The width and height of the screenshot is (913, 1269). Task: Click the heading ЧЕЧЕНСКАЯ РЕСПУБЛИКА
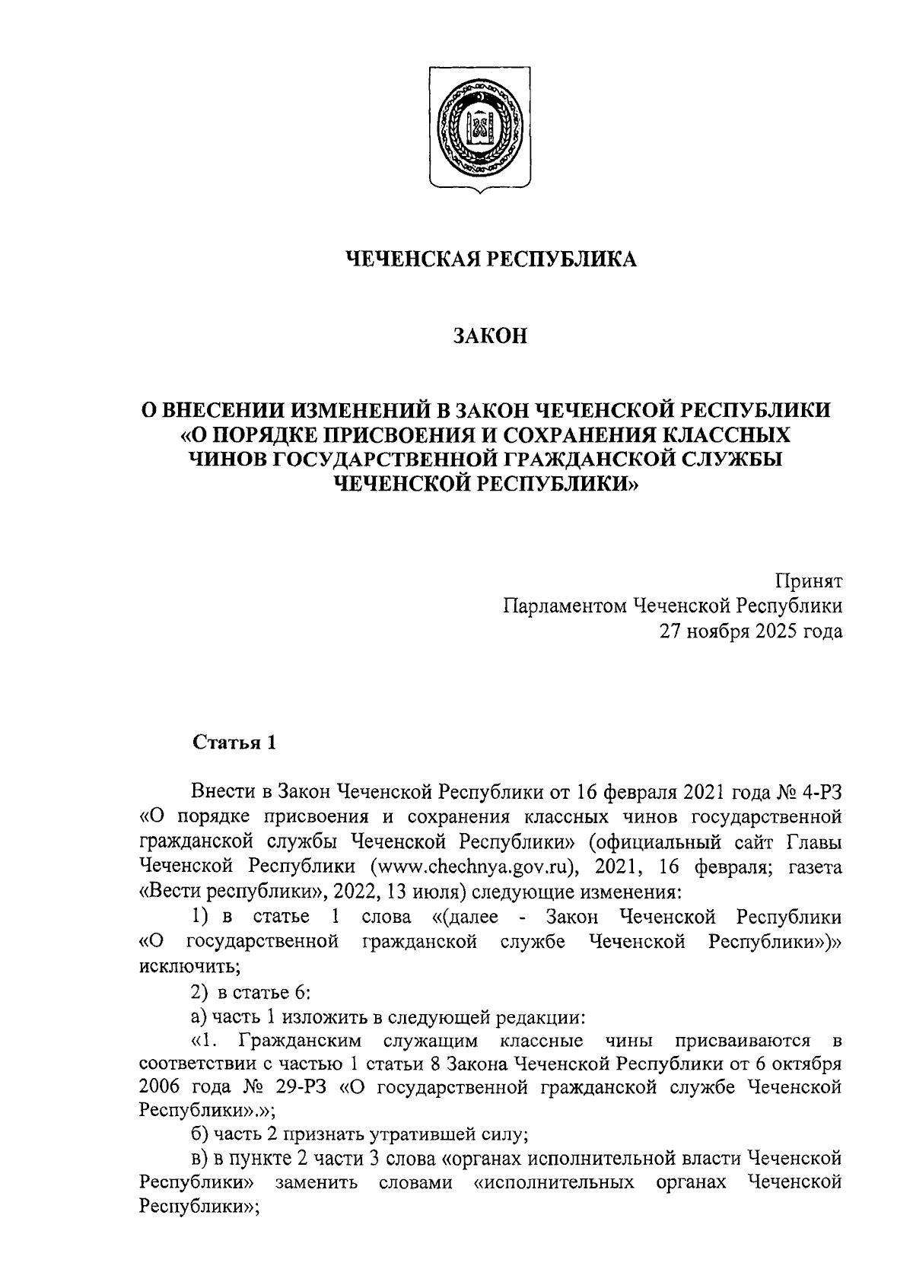[x=491, y=259]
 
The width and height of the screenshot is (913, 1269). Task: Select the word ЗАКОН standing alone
[x=491, y=336]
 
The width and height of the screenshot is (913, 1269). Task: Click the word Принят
[x=809, y=582]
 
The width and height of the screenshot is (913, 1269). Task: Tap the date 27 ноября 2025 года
[x=751, y=631]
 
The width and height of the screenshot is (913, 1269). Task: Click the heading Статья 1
[x=234, y=743]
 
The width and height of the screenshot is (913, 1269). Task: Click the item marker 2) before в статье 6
[x=199, y=992]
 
